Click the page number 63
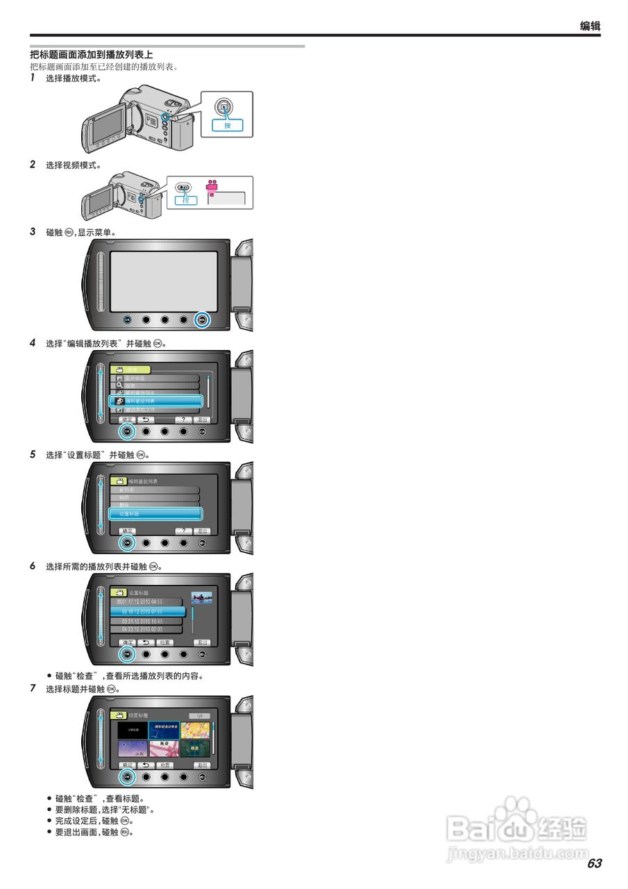coord(594,863)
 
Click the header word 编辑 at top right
coord(590,26)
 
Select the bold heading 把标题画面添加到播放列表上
coord(91,54)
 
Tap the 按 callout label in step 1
coord(227,126)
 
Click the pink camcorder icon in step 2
coord(212,187)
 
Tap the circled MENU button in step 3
coord(202,320)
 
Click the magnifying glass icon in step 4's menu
coord(119,385)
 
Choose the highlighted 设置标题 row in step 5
coord(155,514)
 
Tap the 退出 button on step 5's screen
coord(202,531)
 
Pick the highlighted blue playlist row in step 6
coord(148,611)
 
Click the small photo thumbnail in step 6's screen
coord(201,597)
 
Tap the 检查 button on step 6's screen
coord(164,642)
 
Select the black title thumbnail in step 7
coord(132,730)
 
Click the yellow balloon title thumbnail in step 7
coord(195,730)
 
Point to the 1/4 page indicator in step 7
coord(199,715)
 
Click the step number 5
coord(33,455)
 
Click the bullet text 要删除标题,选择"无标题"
coord(104,810)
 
